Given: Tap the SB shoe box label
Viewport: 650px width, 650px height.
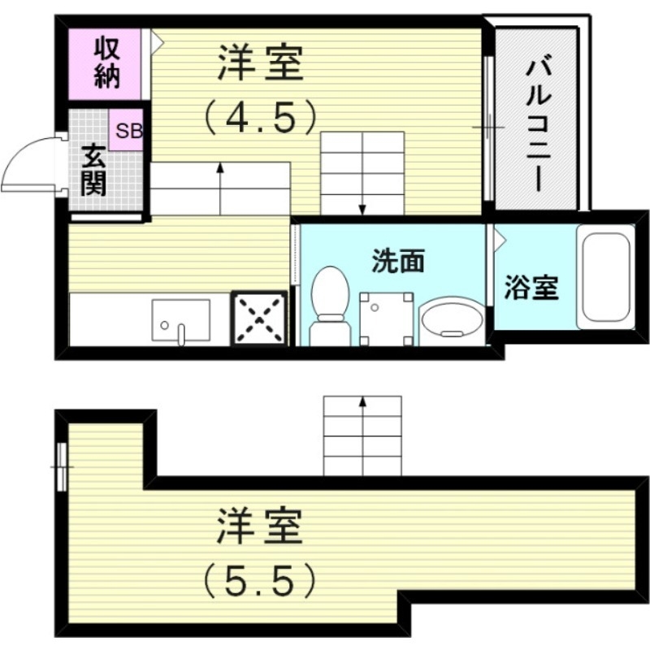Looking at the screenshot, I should click(128, 132).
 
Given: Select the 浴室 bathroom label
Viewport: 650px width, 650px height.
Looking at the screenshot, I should click(531, 288).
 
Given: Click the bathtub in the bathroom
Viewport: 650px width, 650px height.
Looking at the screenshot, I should click(604, 276).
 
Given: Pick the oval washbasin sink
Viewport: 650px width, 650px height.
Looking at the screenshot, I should click(451, 320).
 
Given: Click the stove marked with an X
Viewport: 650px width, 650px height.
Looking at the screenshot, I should click(260, 318).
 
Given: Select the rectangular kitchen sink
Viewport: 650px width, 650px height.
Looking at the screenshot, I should click(180, 320).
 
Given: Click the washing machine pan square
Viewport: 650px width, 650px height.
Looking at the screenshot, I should click(384, 318).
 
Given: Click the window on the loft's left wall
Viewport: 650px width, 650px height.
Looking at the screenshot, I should click(62, 466).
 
